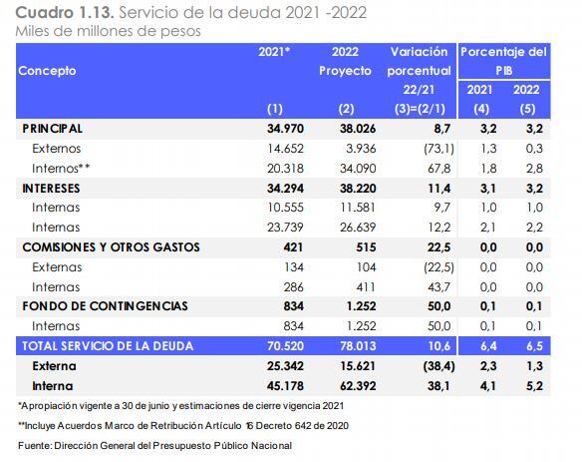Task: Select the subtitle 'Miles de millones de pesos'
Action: (x=108, y=31)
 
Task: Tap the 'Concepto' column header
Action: (x=47, y=71)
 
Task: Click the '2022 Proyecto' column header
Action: (x=345, y=61)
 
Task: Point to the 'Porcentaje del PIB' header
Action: (x=502, y=60)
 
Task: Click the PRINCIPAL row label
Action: (x=52, y=129)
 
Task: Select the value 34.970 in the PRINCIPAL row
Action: (x=283, y=129)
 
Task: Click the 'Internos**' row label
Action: (x=63, y=168)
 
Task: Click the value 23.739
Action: (x=283, y=228)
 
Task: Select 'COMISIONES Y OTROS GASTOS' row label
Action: (x=111, y=246)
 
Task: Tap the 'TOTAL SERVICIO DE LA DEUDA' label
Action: (x=110, y=345)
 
